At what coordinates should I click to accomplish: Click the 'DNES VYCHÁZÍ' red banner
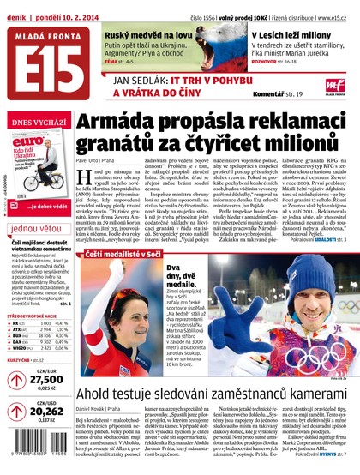tap(34, 125)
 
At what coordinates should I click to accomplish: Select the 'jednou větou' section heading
tap(36, 229)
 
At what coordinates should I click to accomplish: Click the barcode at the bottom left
tap(36, 454)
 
